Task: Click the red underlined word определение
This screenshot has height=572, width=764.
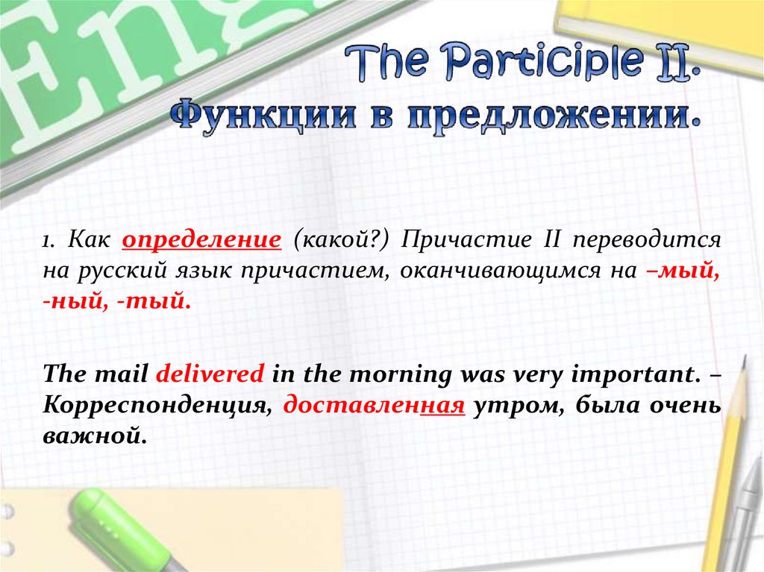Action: coord(201,240)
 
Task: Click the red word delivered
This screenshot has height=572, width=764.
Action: coord(210,374)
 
